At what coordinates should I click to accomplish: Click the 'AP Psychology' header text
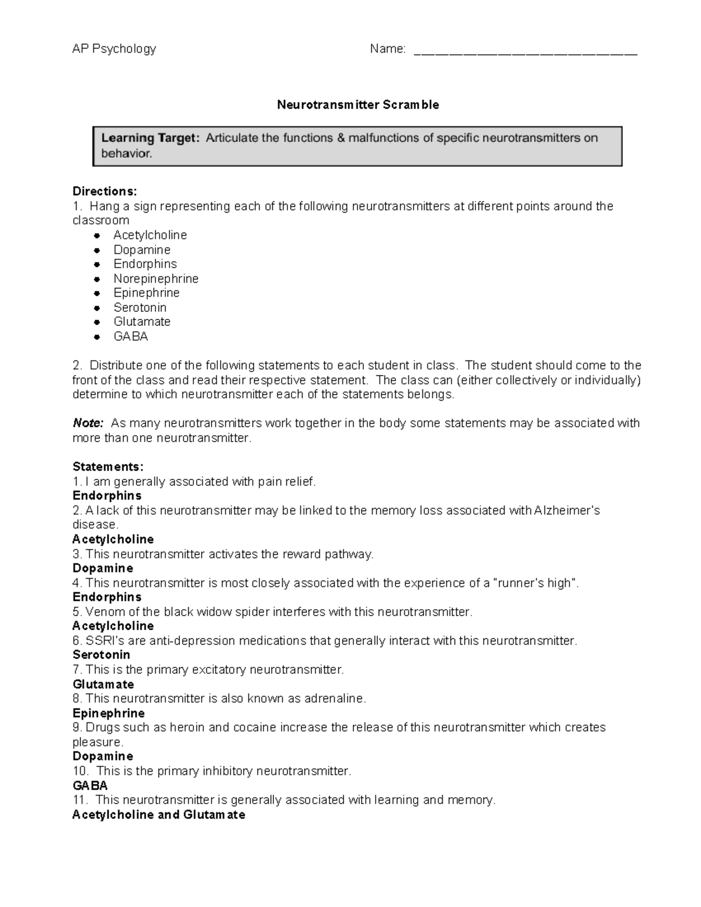114,49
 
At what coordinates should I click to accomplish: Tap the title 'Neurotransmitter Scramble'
358,105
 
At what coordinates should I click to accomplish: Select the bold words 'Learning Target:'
150,138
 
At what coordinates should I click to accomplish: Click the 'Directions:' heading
105,192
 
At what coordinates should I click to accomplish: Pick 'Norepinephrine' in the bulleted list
155,279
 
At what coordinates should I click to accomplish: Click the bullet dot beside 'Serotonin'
97,308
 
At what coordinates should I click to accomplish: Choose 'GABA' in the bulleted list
130,336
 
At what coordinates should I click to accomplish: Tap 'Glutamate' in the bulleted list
142,322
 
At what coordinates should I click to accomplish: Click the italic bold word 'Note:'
88,423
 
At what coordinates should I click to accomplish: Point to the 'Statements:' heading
107,467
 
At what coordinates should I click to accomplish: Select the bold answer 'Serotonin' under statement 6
101,655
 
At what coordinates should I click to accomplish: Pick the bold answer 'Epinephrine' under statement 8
108,713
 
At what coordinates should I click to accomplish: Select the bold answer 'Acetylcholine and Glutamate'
158,815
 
